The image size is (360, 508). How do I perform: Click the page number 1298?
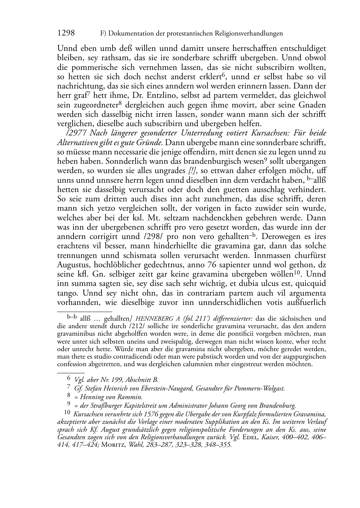click(66, 33)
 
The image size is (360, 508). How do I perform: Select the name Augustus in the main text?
click(72, 265)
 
